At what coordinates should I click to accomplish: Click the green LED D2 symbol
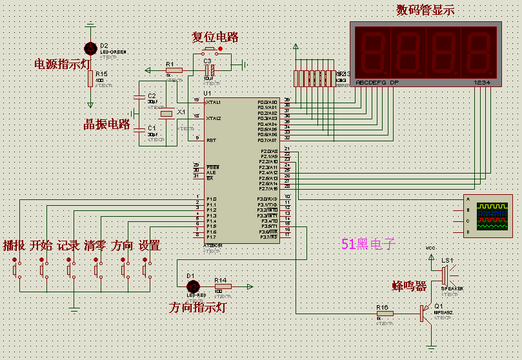tap(90, 48)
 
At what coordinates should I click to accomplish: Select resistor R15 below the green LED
tap(90, 79)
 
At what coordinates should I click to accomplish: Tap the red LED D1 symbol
tap(190, 286)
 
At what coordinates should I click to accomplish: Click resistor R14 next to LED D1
tap(221, 286)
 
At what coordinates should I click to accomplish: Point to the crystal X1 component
tap(166, 114)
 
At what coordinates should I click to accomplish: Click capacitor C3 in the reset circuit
tap(208, 70)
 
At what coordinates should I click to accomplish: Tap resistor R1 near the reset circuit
tap(173, 70)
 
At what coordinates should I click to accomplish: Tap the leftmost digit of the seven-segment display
tap(372, 51)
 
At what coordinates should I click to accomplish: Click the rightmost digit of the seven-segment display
tap(479, 51)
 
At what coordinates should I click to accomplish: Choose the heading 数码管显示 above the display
tap(425, 10)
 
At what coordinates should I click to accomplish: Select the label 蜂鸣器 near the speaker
tap(410, 286)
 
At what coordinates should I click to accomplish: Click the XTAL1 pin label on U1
tap(213, 103)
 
